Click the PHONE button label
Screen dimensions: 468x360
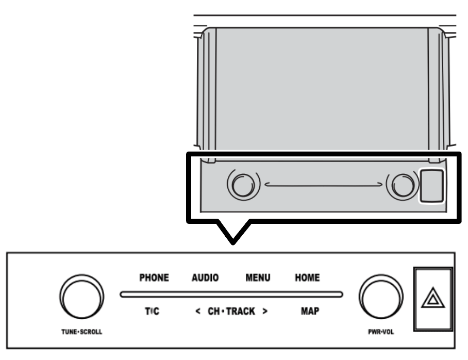(x=154, y=277)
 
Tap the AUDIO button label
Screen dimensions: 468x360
(x=205, y=277)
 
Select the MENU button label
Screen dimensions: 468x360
(x=258, y=277)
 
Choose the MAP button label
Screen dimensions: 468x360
(x=310, y=311)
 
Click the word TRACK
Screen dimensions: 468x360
(x=241, y=311)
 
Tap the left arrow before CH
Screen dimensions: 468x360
(x=198, y=311)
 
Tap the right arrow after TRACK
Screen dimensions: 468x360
(x=265, y=311)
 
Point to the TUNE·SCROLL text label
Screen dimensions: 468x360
(x=82, y=332)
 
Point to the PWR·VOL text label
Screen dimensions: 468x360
(x=381, y=332)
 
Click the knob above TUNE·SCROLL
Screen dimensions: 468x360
(x=82, y=297)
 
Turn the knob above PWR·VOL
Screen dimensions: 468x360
(x=381, y=297)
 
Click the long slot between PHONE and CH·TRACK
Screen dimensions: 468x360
(x=231, y=294)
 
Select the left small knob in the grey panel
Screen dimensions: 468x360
(x=243, y=185)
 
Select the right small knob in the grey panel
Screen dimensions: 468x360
(x=403, y=185)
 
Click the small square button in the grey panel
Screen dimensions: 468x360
(x=431, y=186)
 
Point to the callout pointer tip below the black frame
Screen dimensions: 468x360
(x=233, y=243)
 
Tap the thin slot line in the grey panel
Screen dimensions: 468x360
(x=324, y=184)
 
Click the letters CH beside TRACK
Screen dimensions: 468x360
(x=214, y=311)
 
